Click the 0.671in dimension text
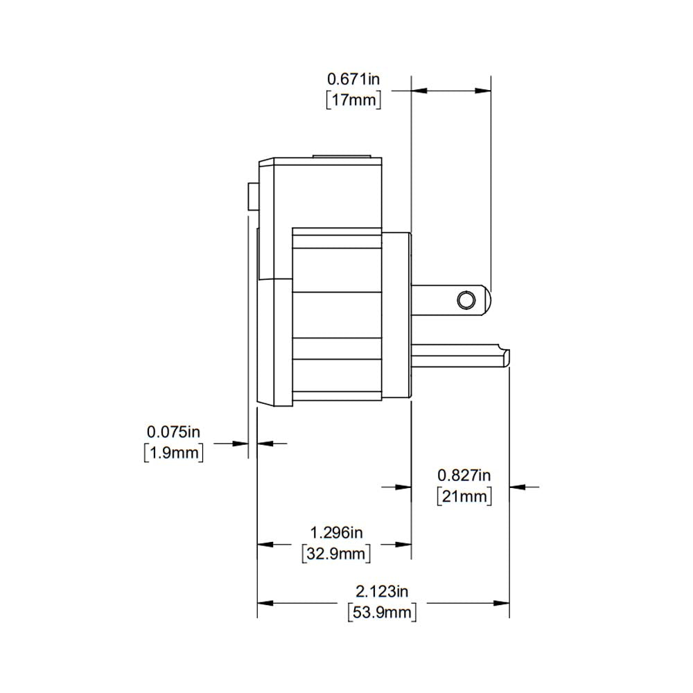[x=353, y=78]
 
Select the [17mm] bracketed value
[x=353, y=100]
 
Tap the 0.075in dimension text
[x=173, y=432]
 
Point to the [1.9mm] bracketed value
[x=173, y=453]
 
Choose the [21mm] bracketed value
[x=464, y=496]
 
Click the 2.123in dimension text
[x=382, y=591]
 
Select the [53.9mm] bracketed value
[x=382, y=613]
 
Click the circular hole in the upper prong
[x=466, y=299]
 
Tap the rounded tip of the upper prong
[x=488, y=299]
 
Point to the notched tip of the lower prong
[x=507, y=357]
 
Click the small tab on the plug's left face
[x=252, y=195]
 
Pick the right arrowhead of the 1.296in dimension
[x=405, y=544]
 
